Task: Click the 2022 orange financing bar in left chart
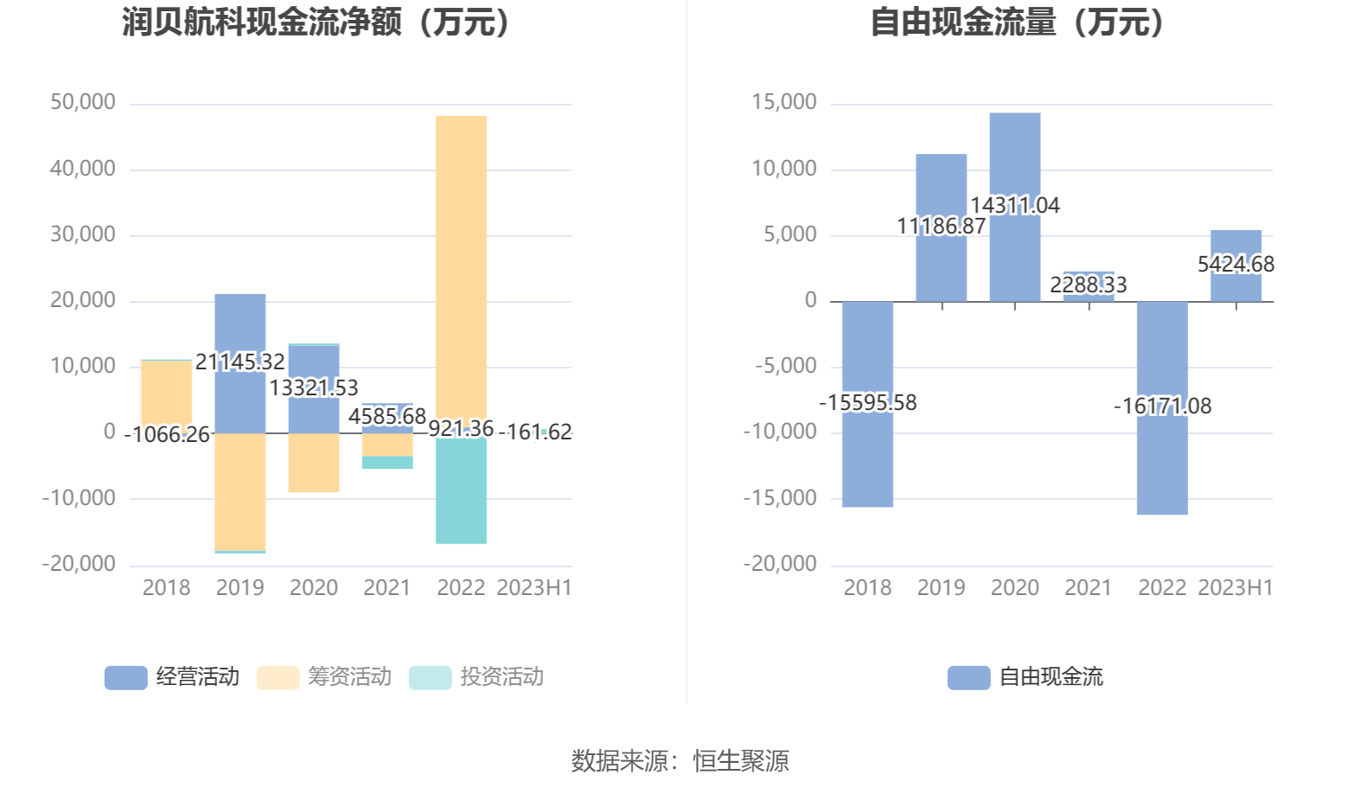[x=461, y=259]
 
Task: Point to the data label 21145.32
[x=240, y=362]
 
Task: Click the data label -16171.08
[x=1162, y=406]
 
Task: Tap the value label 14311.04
[x=1015, y=205]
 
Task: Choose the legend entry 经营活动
[x=172, y=677]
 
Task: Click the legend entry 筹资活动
[x=324, y=677]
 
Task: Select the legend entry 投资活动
[x=476, y=677]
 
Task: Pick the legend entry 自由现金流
[x=1026, y=677]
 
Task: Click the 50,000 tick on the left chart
[x=83, y=102]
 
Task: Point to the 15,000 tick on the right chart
[x=784, y=102]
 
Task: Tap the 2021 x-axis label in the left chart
[x=387, y=588]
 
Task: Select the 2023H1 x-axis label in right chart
[x=1236, y=588]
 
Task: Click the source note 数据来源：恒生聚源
[x=680, y=761]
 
